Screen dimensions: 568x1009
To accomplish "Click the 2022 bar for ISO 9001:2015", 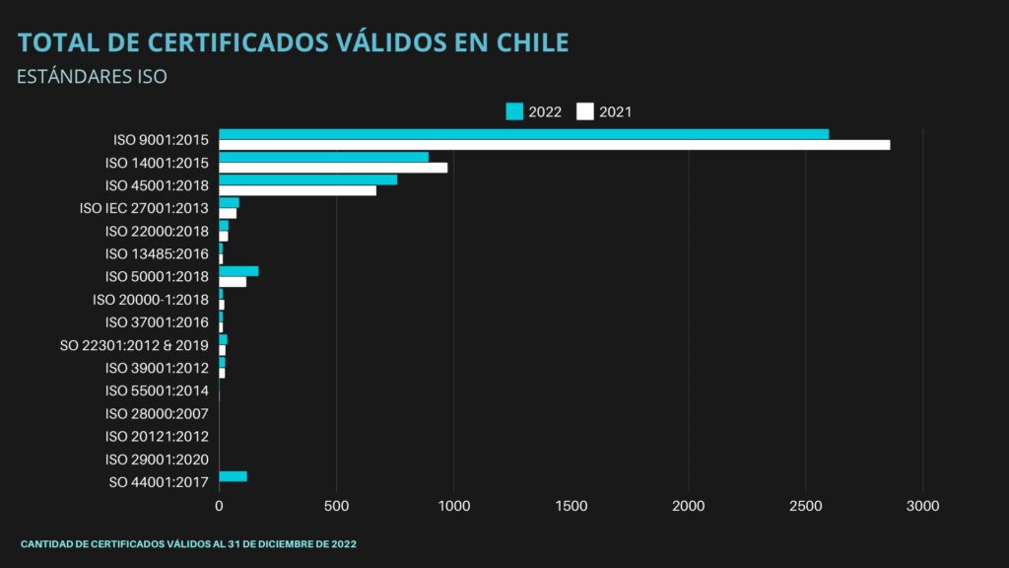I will point(523,134).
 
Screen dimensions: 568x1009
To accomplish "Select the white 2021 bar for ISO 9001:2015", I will point(554,145).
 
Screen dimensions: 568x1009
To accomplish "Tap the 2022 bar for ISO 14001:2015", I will point(323,157).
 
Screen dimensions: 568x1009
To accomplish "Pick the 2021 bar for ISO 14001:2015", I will point(333,168).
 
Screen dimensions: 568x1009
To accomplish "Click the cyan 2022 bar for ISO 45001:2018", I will point(307,179).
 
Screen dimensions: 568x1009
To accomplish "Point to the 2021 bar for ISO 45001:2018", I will point(298,190).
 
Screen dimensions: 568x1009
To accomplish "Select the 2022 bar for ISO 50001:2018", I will point(238,271).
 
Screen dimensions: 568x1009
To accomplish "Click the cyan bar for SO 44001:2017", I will point(233,476).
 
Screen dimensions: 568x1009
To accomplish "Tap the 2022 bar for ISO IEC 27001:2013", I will point(229,202).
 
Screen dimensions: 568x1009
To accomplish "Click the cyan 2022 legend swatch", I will point(514,111).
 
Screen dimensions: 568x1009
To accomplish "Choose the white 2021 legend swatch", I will point(585,111).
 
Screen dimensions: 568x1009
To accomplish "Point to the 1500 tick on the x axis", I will point(571,506).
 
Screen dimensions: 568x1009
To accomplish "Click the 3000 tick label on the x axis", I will point(922,506).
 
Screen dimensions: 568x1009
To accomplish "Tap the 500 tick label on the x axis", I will point(336,506).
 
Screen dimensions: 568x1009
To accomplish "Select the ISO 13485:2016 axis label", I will point(157,254).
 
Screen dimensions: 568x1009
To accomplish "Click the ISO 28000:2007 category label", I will point(157,413).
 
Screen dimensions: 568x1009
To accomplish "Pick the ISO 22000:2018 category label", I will point(157,232).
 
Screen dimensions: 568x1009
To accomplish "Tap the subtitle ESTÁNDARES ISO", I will point(93,77).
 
